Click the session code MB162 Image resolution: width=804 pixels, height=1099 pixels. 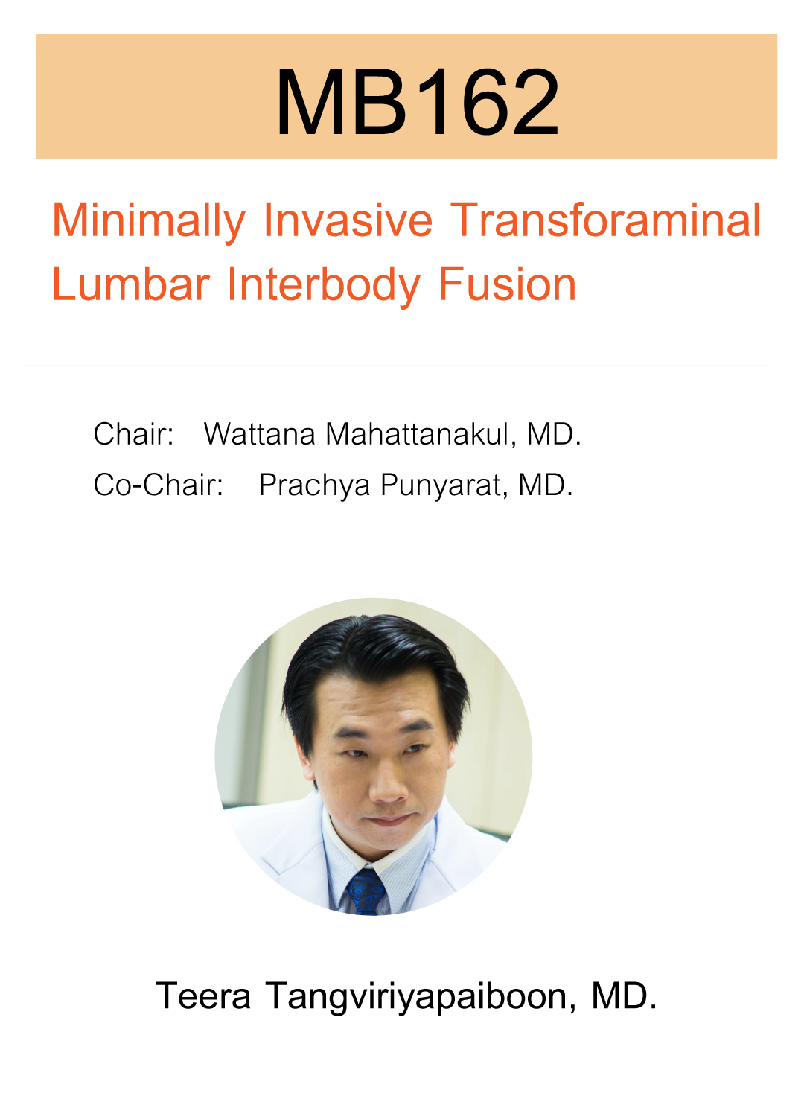417,101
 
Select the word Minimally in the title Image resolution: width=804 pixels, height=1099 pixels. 148,220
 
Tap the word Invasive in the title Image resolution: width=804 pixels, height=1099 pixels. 348,220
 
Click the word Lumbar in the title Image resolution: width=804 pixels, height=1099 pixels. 130,284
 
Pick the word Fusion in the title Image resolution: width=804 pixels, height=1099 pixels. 507,284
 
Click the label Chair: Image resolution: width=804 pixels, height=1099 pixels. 133,434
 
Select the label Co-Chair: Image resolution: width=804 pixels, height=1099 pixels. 158,485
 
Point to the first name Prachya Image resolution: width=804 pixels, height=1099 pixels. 314,485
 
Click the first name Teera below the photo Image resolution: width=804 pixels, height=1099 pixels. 203,996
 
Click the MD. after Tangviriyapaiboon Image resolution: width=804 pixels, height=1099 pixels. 624,996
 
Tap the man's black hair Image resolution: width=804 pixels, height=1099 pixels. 372,655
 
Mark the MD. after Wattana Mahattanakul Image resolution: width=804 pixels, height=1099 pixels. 554,434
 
